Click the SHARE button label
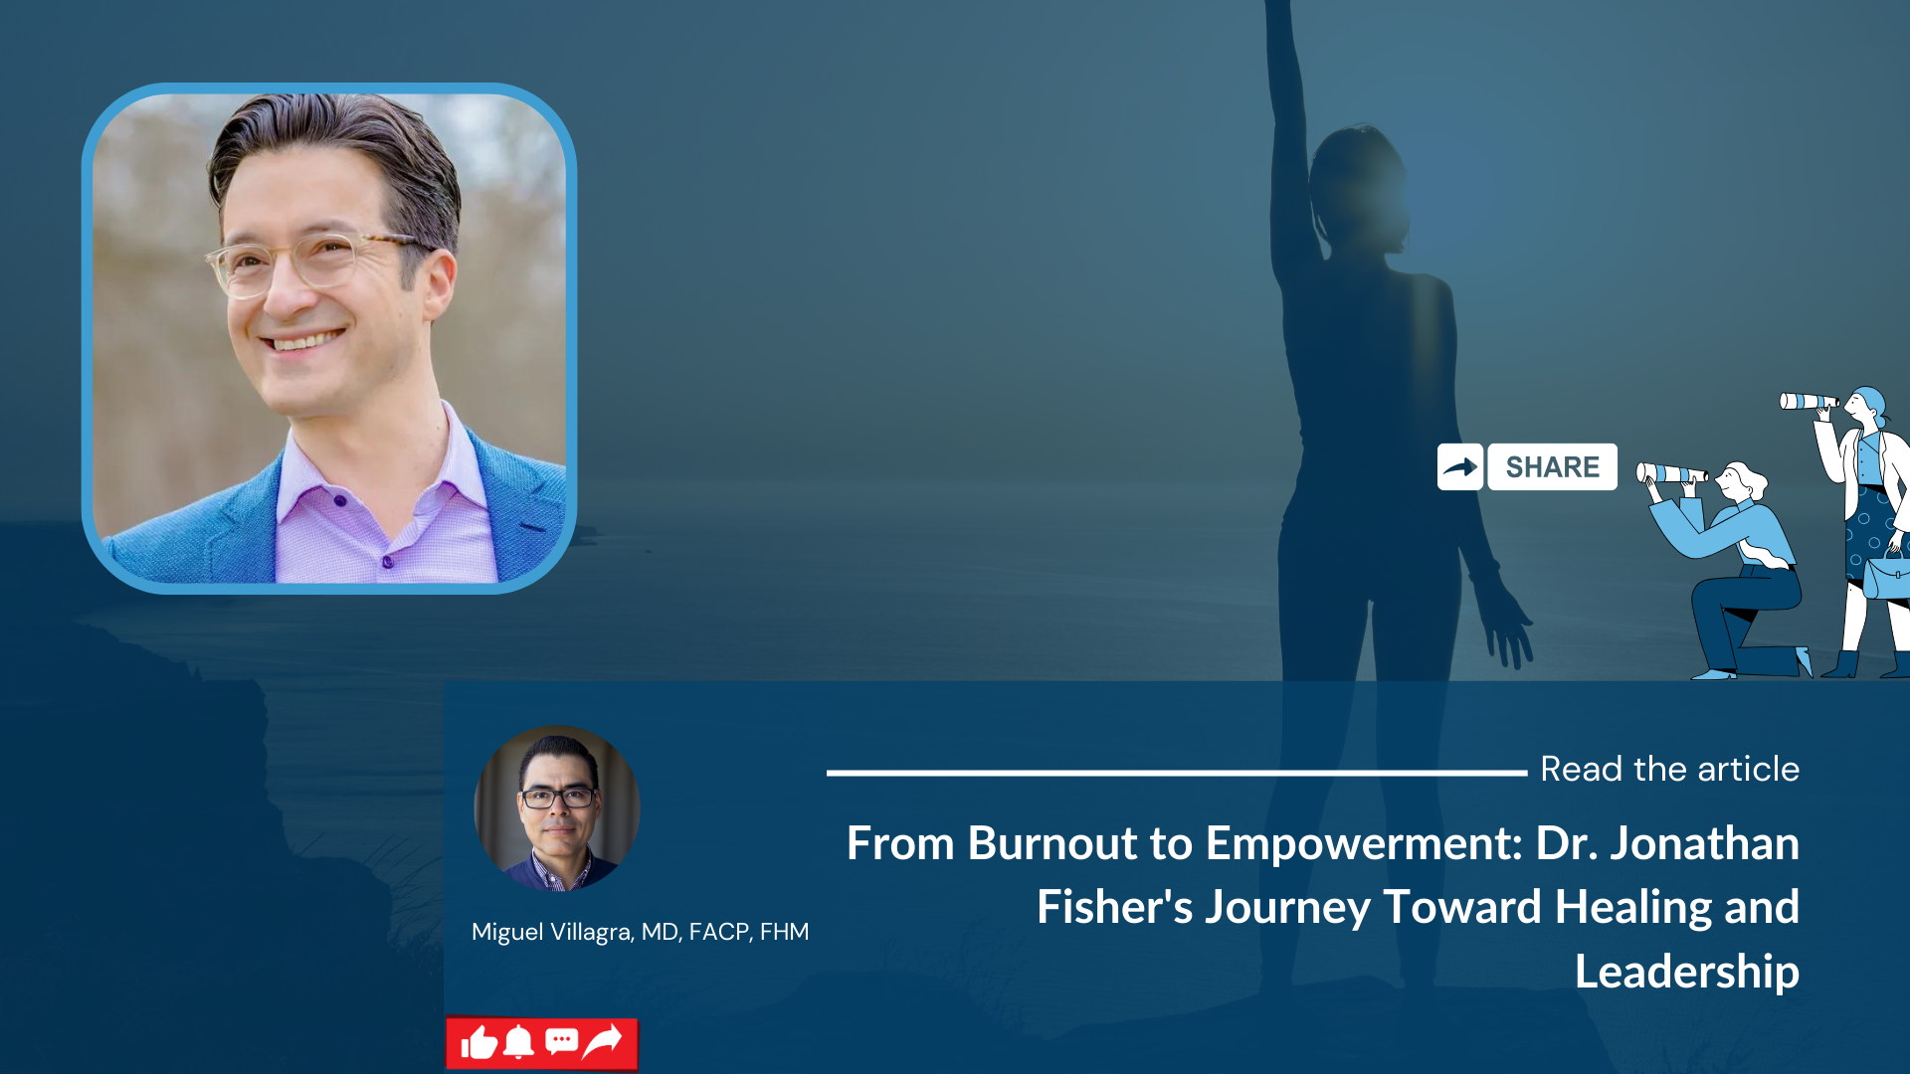[1552, 467]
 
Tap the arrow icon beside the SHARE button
[1459, 467]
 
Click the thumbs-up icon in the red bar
[479, 1043]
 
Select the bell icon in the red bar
[518, 1042]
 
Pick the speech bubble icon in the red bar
[561, 1042]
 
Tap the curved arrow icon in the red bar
[603, 1041]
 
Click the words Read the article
[1669, 769]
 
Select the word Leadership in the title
[1686, 972]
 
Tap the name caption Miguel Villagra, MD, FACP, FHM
[640, 932]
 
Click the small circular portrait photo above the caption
[557, 807]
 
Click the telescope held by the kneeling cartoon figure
[1670, 474]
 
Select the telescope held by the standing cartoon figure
[1808, 402]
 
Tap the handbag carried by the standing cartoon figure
[1885, 577]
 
